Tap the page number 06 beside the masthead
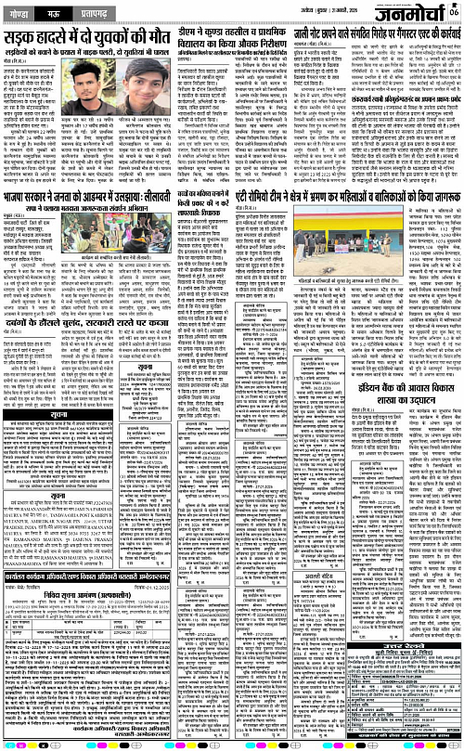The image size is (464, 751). (454, 11)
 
